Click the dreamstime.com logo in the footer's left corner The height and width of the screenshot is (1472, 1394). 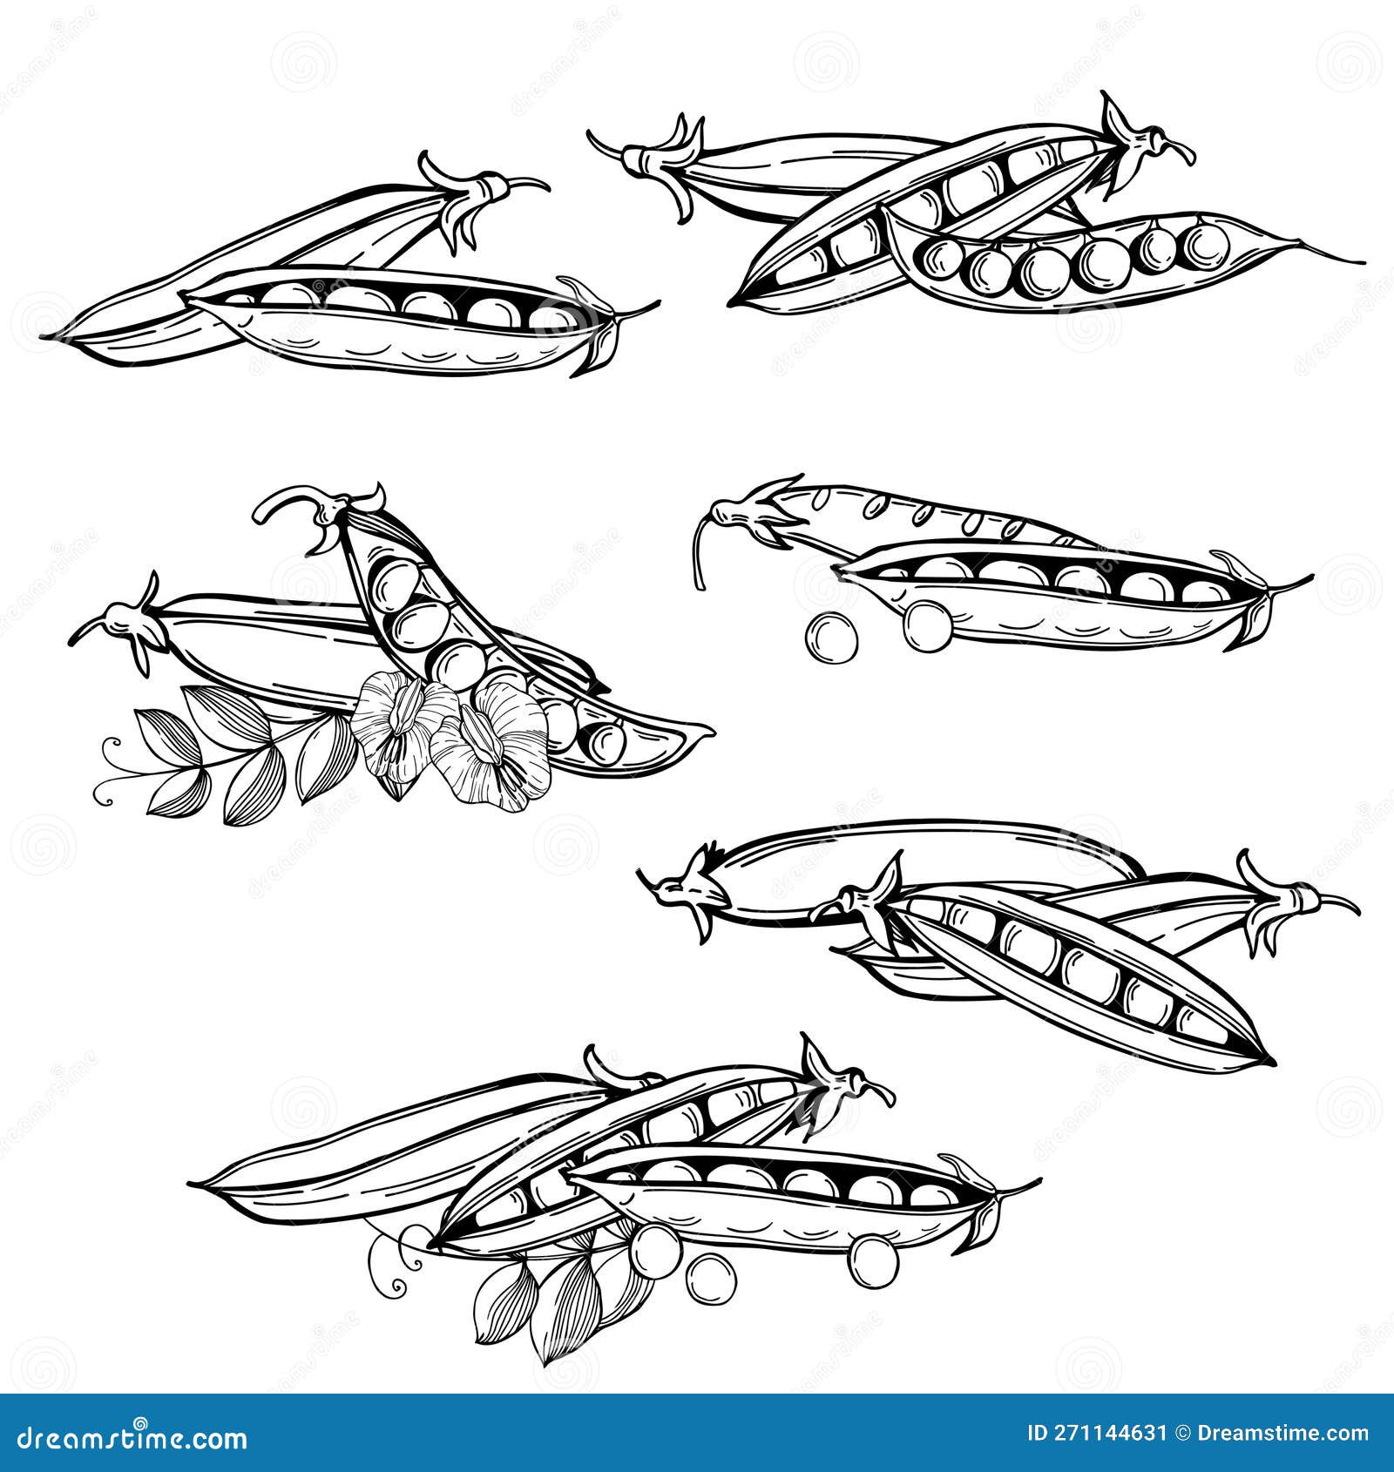132,1438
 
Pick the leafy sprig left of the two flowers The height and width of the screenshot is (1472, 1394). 235,753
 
